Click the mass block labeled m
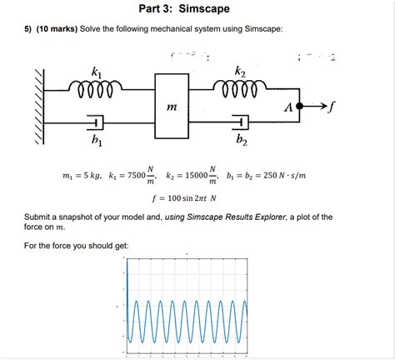[172, 105]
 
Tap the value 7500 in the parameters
[131, 177]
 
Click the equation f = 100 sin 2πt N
[184, 198]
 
